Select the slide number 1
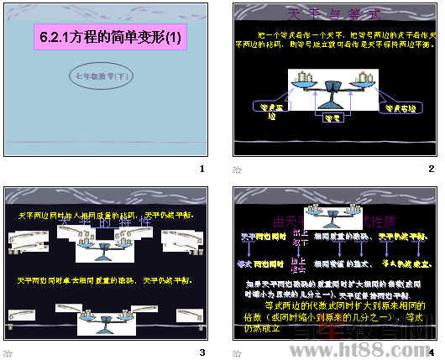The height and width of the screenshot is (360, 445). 202,169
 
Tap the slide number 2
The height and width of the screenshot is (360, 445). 431,169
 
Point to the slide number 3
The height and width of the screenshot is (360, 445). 202,352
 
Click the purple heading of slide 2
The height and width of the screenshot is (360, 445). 333,13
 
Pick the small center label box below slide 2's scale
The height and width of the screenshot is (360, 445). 332,120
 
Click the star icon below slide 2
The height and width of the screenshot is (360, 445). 238,170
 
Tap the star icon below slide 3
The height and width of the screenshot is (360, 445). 8,352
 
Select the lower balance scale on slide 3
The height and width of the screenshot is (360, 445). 109,321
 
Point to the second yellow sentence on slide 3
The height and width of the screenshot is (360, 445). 105,279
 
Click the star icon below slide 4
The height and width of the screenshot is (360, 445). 238,352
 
